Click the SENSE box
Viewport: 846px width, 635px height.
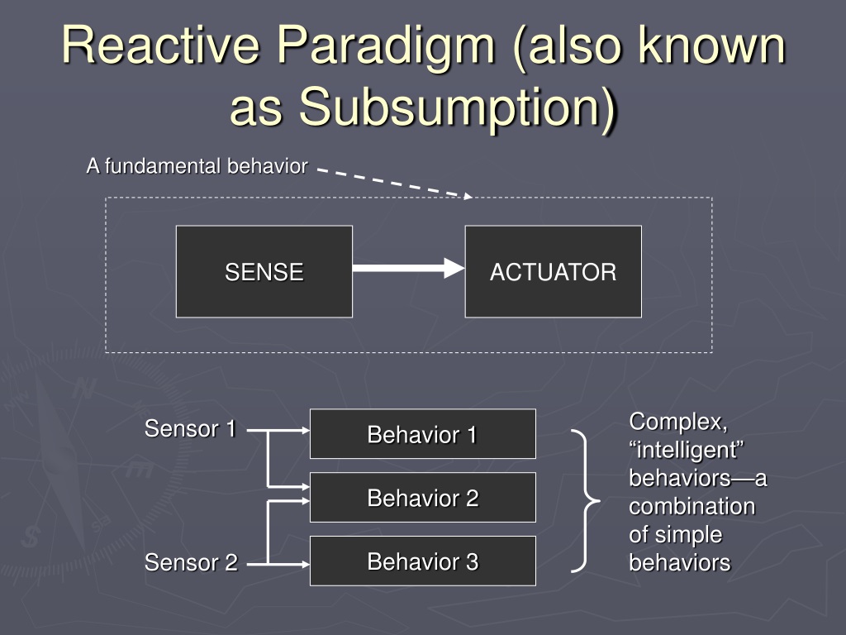click(x=264, y=271)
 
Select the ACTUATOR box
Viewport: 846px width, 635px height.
click(x=553, y=271)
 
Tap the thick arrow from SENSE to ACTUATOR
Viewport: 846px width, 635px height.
click(x=408, y=268)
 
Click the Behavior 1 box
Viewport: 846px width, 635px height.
click(x=423, y=434)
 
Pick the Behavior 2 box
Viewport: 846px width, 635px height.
click(x=423, y=497)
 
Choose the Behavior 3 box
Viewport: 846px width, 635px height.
click(x=423, y=561)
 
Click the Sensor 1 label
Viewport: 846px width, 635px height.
click(x=191, y=429)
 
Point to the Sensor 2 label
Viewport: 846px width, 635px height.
click(x=191, y=562)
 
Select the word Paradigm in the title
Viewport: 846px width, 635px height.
click(x=387, y=49)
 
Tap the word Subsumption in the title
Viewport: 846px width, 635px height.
click(x=458, y=108)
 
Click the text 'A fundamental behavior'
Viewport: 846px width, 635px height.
click(x=197, y=166)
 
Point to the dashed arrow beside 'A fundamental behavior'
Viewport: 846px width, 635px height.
click(x=395, y=184)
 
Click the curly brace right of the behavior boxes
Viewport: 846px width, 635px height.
click(x=586, y=501)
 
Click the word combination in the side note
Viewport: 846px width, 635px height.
click(x=692, y=507)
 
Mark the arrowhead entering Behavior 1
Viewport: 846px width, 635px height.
click(x=306, y=430)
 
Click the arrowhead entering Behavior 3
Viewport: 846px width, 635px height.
click(x=306, y=564)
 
